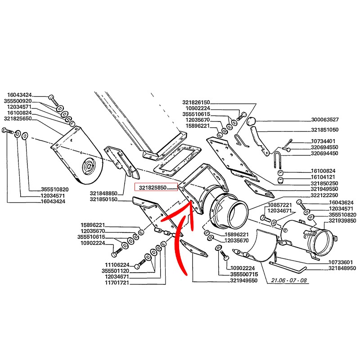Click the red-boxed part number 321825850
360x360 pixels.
pyautogui.click(x=153, y=187)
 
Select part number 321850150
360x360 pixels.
pyautogui.click(x=103, y=199)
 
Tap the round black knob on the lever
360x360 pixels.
pyautogui.click(x=252, y=122)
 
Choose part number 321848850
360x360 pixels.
pyautogui.click(x=103, y=193)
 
